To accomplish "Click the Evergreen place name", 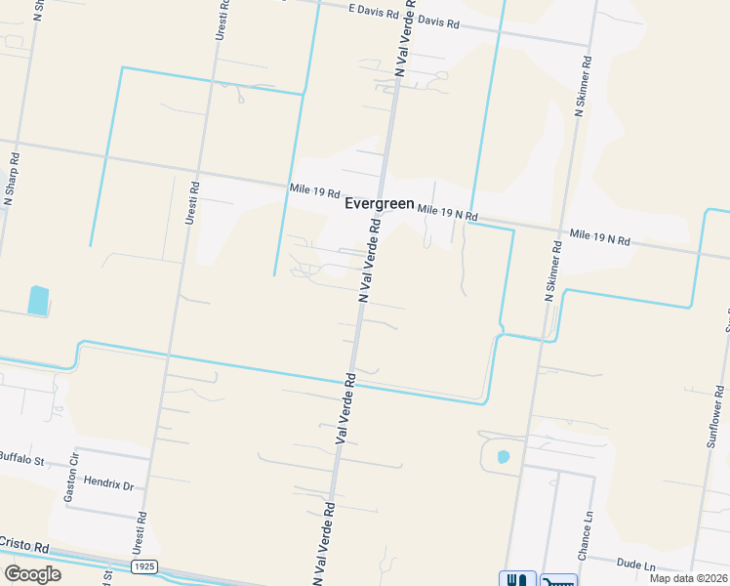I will [380, 204].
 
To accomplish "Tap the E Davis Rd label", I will [374, 13].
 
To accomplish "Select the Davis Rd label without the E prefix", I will [437, 21].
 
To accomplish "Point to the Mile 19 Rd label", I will [314, 191].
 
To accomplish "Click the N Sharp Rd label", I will [13, 177].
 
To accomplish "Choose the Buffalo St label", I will [23, 456].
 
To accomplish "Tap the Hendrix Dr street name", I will [109, 483].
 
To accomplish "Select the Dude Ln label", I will [636, 565].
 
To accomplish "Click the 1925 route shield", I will [144, 566].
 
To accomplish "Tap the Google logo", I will [32, 573].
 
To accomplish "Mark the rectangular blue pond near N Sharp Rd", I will [37, 300].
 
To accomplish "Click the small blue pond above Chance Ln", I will [503, 456].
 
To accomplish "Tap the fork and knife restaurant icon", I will [517, 579].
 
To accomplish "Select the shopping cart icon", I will [558, 579].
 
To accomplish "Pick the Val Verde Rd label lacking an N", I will [343, 409].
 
